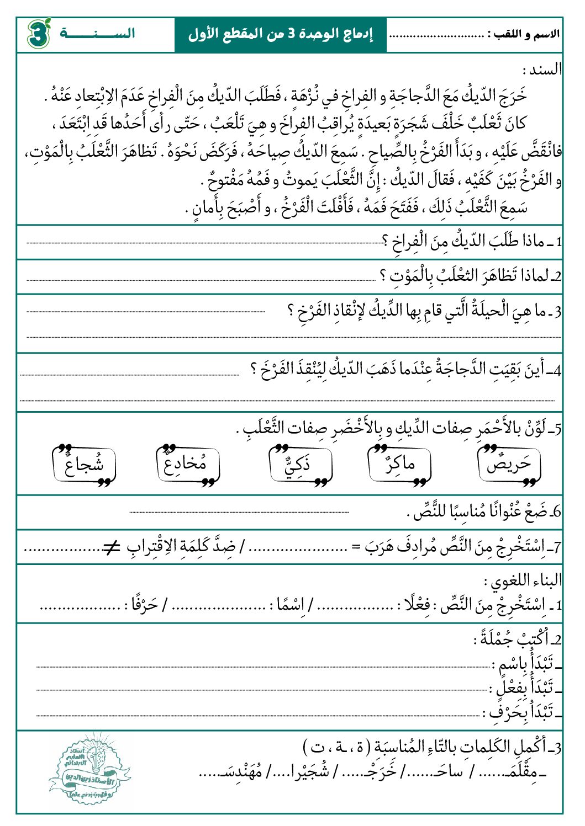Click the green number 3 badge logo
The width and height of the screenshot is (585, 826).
pos(38,34)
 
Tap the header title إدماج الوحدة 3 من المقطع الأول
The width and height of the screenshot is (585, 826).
pos(280,35)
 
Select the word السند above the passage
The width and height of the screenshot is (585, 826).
pos(544,70)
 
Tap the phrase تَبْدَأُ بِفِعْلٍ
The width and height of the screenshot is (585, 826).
pos(523,688)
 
